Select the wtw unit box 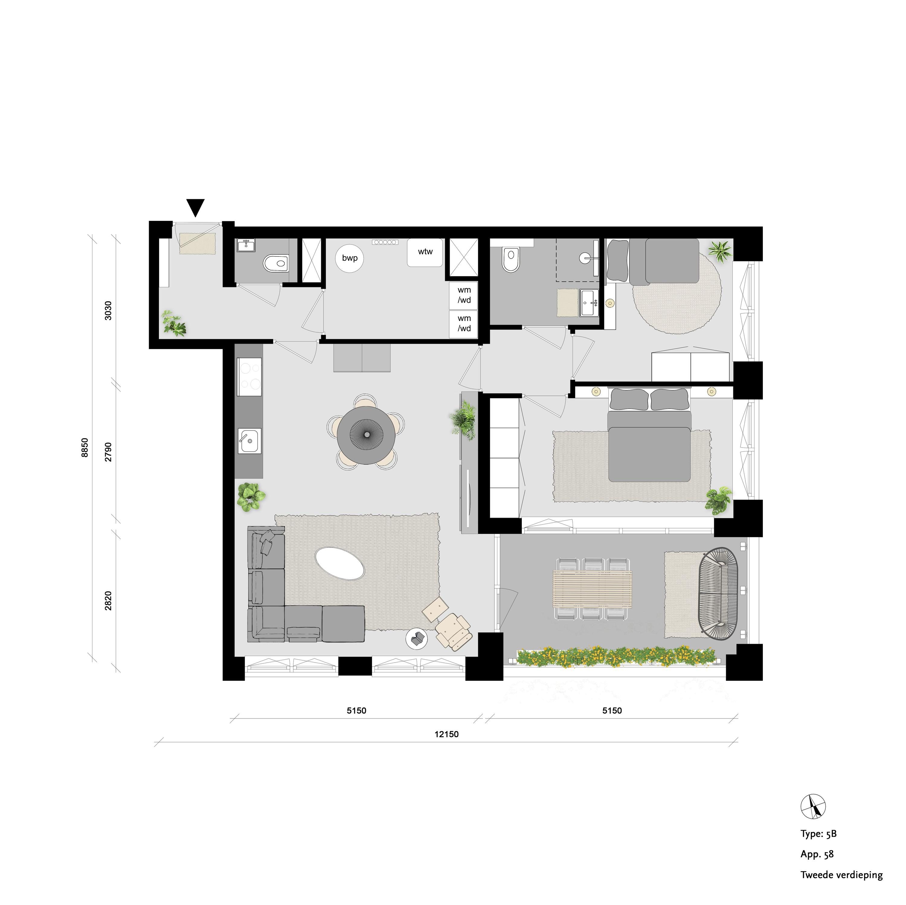(x=425, y=253)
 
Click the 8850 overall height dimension (x=85, y=448)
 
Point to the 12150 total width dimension (x=446, y=735)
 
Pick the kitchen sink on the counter (x=249, y=441)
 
